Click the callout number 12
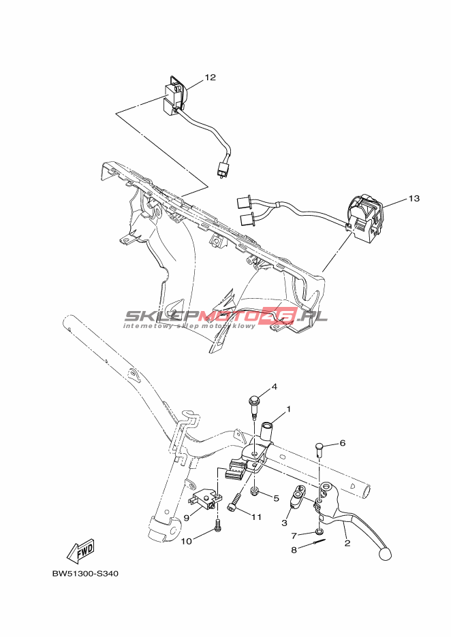click(x=211, y=77)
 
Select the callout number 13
click(x=414, y=198)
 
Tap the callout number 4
click(x=275, y=387)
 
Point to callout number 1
click(x=289, y=409)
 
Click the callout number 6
click(x=343, y=443)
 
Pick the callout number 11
click(x=256, y=517)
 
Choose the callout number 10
click(x=186, y=541)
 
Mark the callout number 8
click(x=294, y=550)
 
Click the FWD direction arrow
click(x=80, y=551)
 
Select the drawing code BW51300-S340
click(x=85, y=574)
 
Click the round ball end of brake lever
click(x=384, y=554)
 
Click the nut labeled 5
click(x=255, y=493)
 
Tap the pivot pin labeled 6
click(x=319, y=449)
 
